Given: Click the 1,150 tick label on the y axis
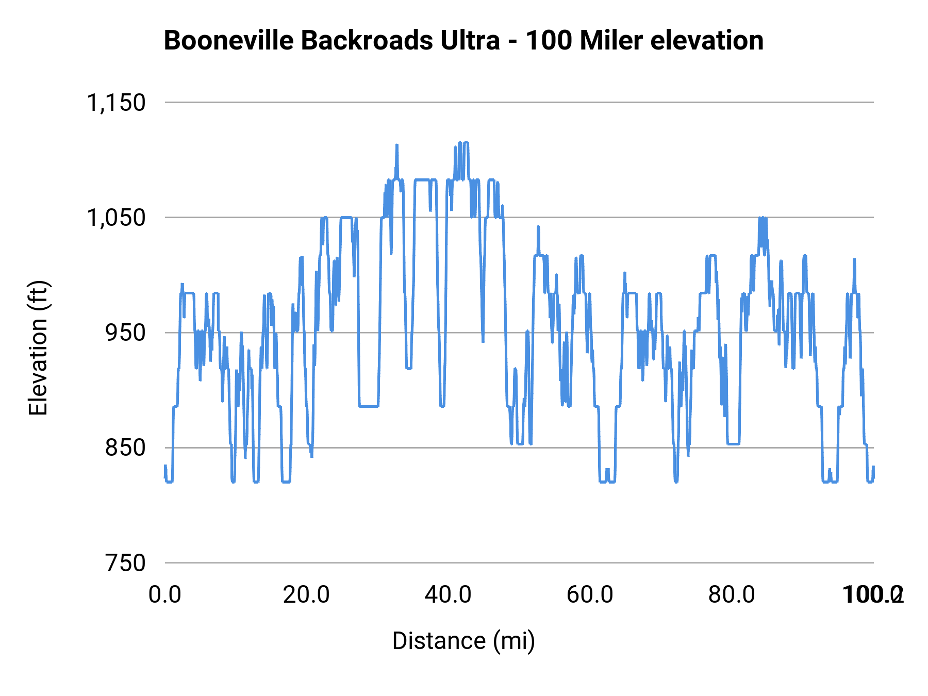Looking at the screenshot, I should (x=116, y=103).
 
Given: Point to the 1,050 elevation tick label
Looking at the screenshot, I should (x=116, y=218).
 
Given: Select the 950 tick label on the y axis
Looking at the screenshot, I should (x=125, y=333).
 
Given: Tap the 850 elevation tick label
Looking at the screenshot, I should (x=125, y=448).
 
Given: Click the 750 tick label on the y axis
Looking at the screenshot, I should (x=125, y=562).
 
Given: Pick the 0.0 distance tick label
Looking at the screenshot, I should (x=165, y=594).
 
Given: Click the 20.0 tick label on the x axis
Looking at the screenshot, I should (x=306, y=594).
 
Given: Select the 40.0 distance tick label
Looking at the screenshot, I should (x=448, y=594).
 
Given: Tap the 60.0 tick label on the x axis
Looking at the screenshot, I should (x=590, y=594).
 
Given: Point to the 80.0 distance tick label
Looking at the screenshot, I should (x=732, y=594).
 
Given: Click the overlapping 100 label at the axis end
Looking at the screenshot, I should (x=872, y=594).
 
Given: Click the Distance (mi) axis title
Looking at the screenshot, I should (x=463, y=641).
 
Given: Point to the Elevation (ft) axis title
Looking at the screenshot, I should (x=38, y=348).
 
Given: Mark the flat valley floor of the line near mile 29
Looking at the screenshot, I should (x=369, y=406).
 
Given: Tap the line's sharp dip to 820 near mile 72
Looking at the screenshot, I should (x=676, y=481).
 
